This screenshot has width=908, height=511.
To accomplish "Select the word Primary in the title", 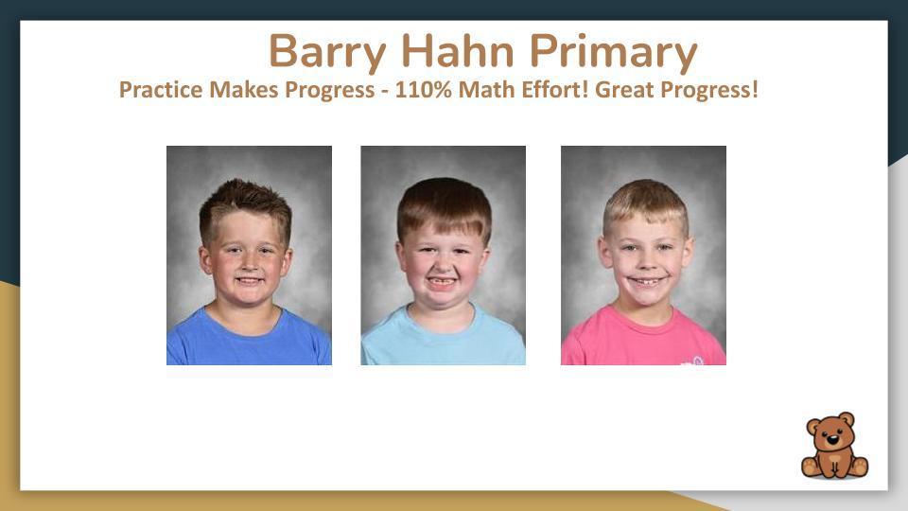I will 613,52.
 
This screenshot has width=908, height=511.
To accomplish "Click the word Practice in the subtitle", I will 161,92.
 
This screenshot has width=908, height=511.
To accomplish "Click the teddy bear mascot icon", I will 833,446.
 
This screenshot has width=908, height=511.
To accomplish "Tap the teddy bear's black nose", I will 832,440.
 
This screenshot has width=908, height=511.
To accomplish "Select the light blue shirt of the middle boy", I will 443,344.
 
